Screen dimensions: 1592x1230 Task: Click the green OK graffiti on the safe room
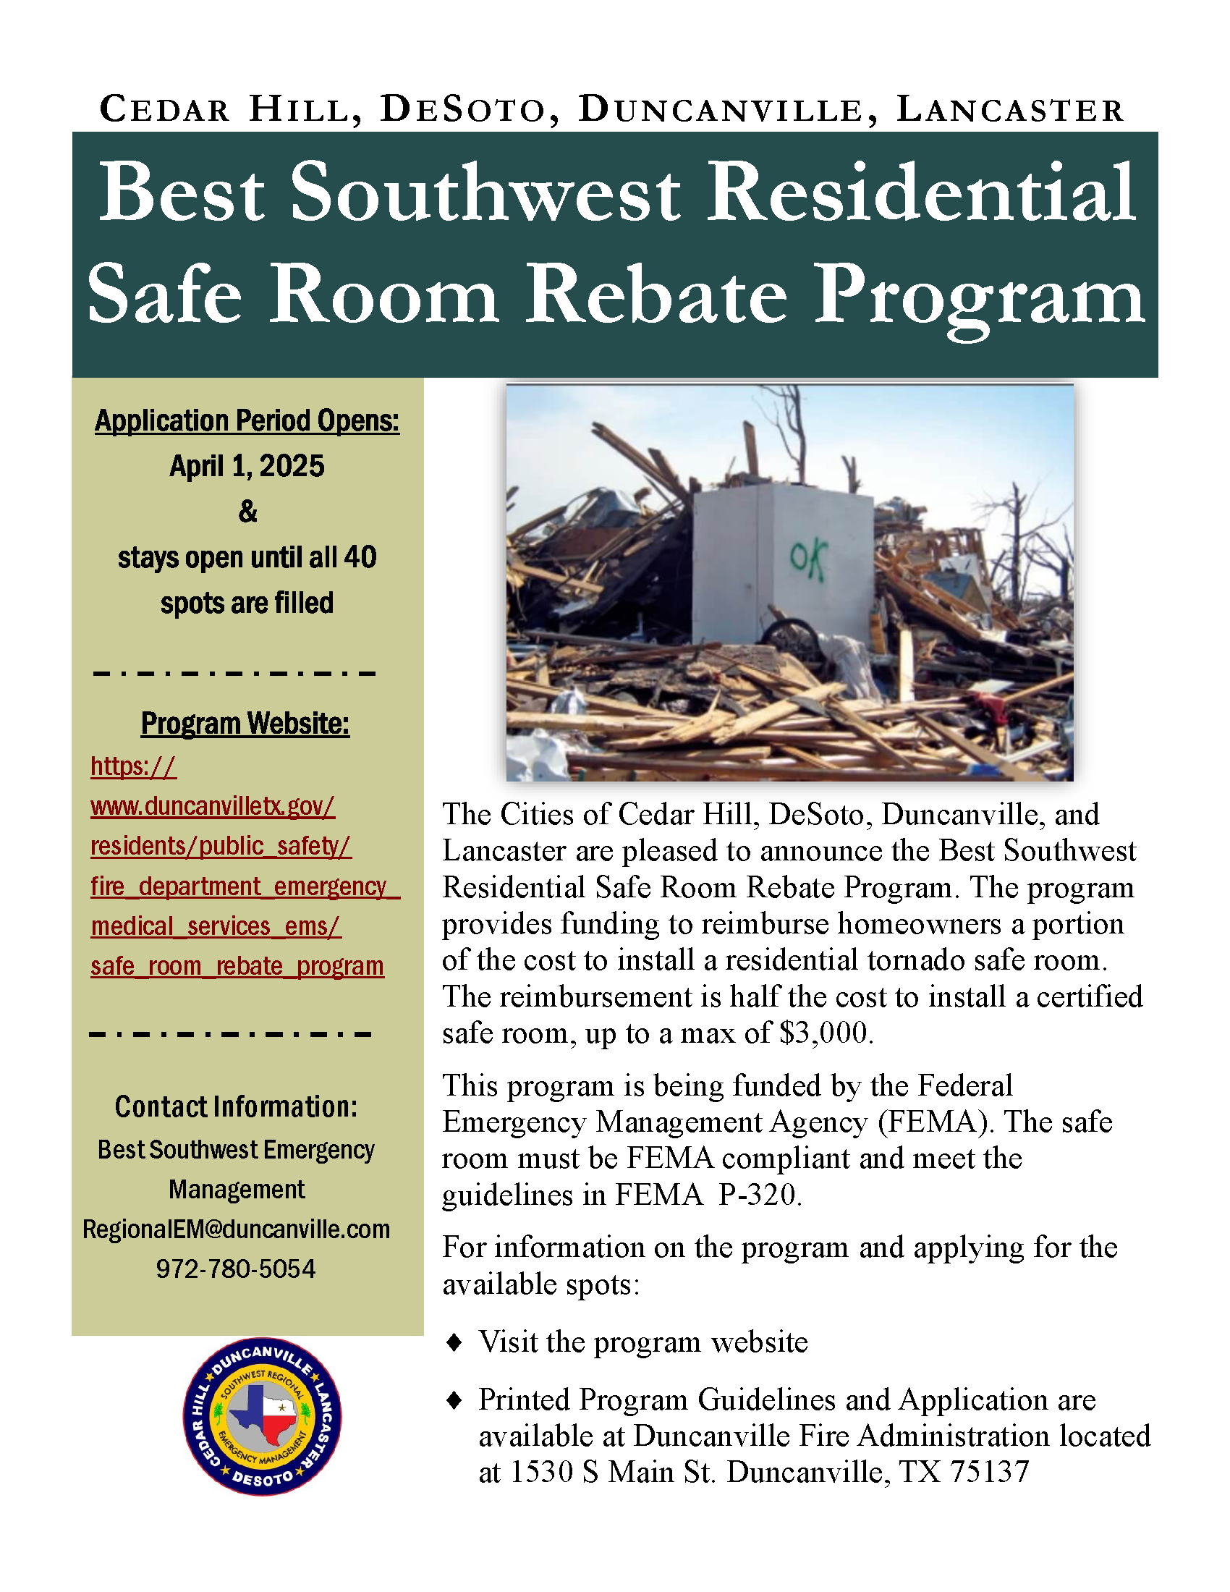pyautogui.click(x=808, y=561)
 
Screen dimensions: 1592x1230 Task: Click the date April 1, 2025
pyautogui.click(x=247, y=466)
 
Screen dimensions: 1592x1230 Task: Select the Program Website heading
pyautogui.click(x=245, y=724)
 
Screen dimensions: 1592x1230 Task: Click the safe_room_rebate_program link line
pyautogui.click(x=237, y=966)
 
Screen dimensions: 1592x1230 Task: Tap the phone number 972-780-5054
pyautogui.click(x=235, y=1269)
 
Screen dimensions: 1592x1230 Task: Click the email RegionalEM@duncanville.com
pyautogui.click(x=236, y=1229)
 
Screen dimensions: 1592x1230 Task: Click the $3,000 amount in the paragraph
pyautogui.click(x=825, y=1033)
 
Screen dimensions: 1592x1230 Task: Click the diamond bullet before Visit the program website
pyautogui.click(x=454, y=1342)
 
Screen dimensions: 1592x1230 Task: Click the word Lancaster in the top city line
pyautogui.click(x=1009, y=110)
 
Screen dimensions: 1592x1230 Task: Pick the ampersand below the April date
pyautogui.click(x=247, y=512)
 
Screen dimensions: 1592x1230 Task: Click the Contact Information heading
pyautogui.click(x=236, y=1106)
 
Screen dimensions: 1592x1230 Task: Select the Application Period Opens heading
pyautogui.click(x=247, y=420)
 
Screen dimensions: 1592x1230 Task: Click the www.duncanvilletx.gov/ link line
pyautogui.click(x=212, y=806)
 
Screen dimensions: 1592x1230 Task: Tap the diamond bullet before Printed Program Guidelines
pyautogui.click(x=454, y=1400)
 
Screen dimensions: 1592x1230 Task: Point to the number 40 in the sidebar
pyautogui.click(x=360, y=558)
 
